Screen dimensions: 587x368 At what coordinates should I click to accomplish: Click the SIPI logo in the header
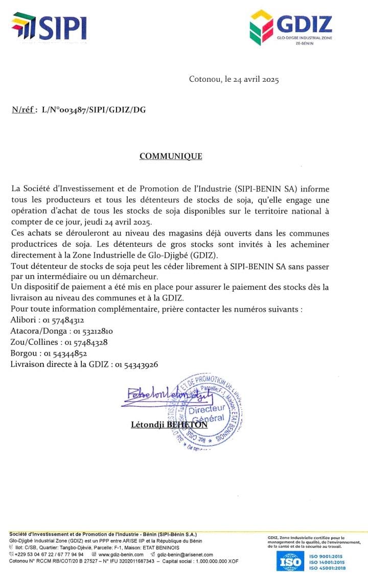coord(49,26)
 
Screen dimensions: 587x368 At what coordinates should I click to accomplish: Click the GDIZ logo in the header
coord(291,28)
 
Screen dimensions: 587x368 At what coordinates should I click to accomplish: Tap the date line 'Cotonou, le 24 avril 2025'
coord(234,79)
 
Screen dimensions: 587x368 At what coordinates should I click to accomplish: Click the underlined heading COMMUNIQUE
coord(171,156)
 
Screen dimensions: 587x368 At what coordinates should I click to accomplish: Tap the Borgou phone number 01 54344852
coord(65,354)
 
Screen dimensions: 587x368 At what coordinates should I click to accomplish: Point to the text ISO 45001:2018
coord(327,568)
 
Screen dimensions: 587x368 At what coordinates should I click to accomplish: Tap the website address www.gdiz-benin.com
coord(120,554)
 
